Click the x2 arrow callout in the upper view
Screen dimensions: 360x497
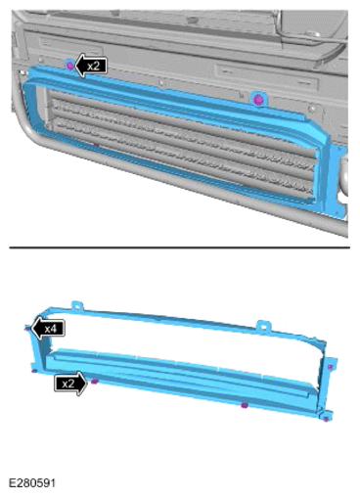[91, 66]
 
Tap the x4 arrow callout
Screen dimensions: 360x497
[48, 329]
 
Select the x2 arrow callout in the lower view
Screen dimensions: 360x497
[70, 384]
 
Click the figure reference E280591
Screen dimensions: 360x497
[32, 483]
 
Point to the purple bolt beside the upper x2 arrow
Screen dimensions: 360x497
[69, 66]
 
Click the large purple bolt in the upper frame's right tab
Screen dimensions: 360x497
[258, 99]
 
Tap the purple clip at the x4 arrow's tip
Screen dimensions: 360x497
[26, 328]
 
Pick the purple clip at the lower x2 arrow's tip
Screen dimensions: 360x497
[94, 382]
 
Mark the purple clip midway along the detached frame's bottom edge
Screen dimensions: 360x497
[245, 405]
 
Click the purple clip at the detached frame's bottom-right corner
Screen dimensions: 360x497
[326, 419]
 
